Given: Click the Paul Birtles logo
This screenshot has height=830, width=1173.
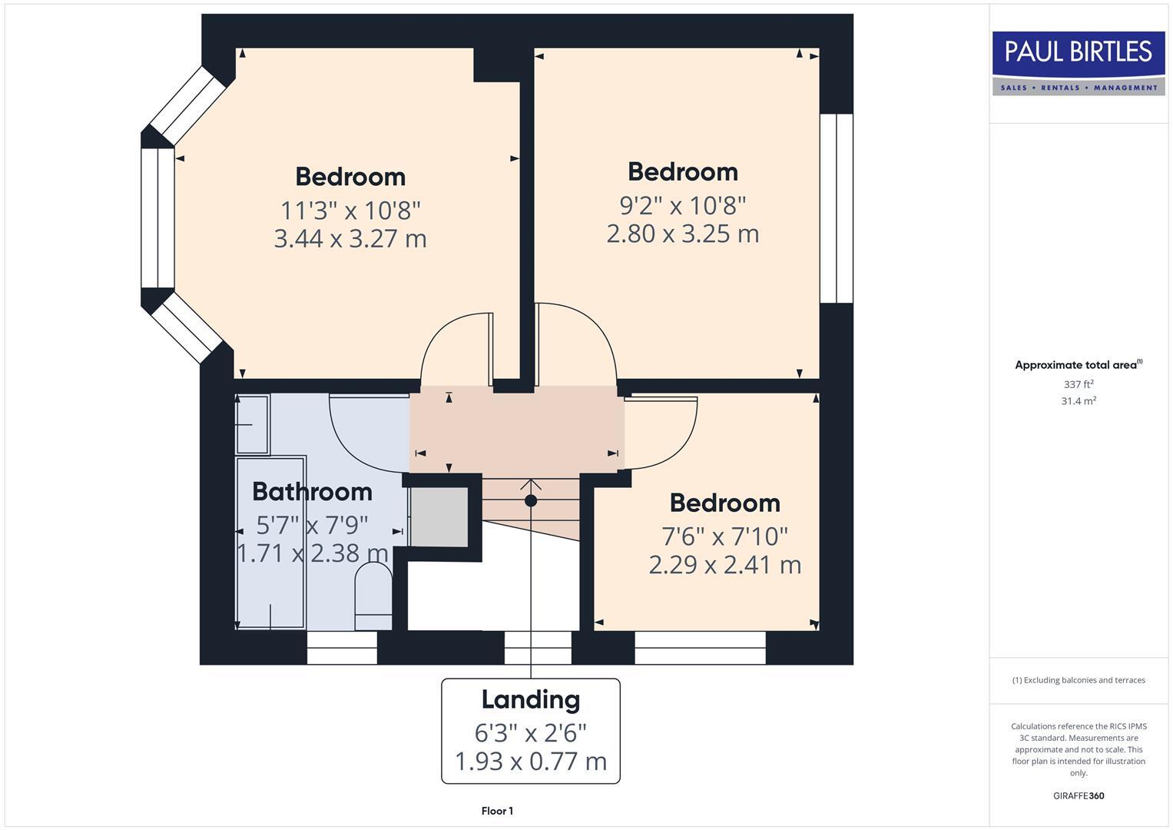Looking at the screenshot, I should click(1079, 63).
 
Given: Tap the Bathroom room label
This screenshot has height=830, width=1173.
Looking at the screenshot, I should click(312, 491).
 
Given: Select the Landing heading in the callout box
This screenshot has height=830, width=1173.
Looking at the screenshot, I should click(530, 699).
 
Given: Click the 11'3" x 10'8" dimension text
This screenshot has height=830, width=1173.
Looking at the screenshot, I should click(350, 210).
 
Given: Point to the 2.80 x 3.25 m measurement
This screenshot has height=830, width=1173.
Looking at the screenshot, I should click(682, 234).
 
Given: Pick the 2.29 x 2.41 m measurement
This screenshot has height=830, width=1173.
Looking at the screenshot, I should click(724, 565).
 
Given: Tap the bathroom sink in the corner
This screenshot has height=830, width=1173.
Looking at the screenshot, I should click(252, 424).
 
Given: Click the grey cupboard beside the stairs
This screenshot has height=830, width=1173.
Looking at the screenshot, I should click(439, 517).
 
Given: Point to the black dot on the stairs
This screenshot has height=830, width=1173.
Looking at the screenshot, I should click(530, 501).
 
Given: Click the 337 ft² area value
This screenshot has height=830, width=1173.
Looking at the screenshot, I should click(1078, 384).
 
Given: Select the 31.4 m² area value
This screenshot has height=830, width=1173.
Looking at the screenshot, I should click(1078, 401).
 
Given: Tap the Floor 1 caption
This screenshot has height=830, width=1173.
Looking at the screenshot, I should click(497, 811).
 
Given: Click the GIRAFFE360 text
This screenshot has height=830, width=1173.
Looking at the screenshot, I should click(1078, 795).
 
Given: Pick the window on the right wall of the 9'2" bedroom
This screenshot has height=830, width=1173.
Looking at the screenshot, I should click(836, 208).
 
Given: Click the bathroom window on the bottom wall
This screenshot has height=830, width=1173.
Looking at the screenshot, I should click(342, 648).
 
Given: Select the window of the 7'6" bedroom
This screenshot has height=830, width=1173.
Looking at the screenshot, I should click(700, 648).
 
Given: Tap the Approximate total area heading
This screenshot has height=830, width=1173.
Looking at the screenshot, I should click(1078, 365).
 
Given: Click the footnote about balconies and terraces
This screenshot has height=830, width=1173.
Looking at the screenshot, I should click(1078, 680).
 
